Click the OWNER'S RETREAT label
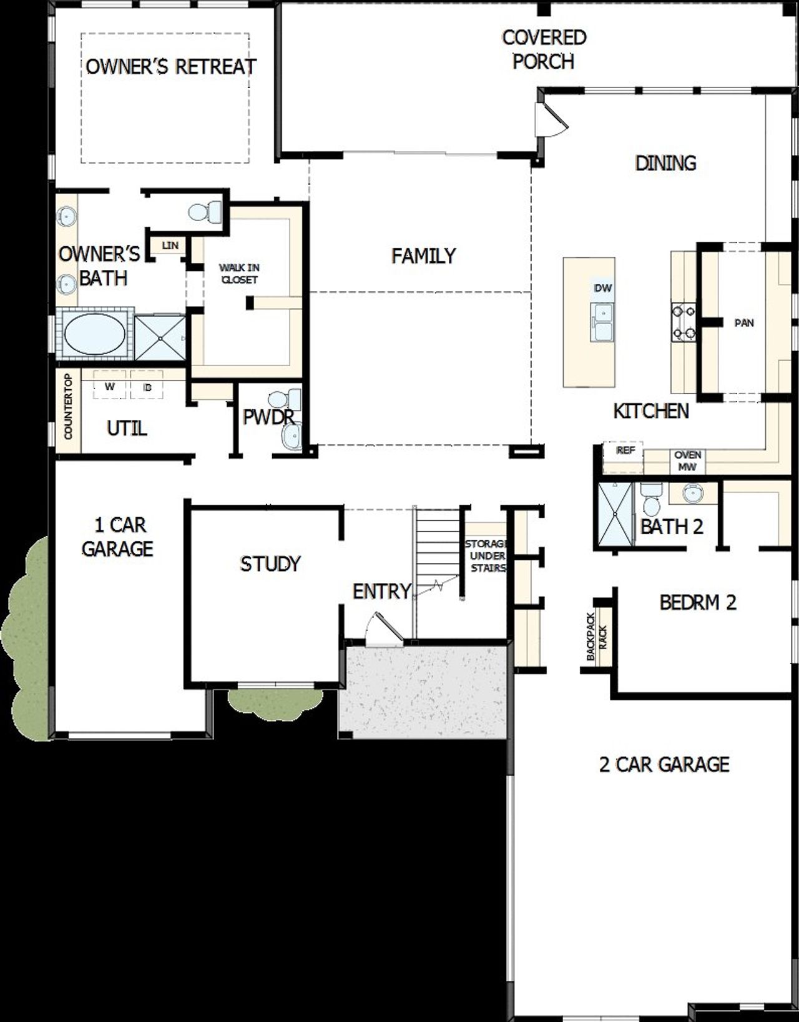[170, 66]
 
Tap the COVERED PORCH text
[544, 49]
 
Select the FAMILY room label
[423, 255]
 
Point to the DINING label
[665, 163]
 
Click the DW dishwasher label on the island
[603, 288]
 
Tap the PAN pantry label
[744, 323]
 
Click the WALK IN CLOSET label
[239, 274]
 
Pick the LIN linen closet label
[169, 246]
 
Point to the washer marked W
[110, 387]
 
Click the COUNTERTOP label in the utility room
[68, 406]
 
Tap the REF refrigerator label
[625, 450]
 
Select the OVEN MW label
[687, 460]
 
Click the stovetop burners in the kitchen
[684, 322]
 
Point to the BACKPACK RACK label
[597, 635]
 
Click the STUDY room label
[270, 564]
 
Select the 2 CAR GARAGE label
[664, 765]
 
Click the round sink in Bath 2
[692, 493]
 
